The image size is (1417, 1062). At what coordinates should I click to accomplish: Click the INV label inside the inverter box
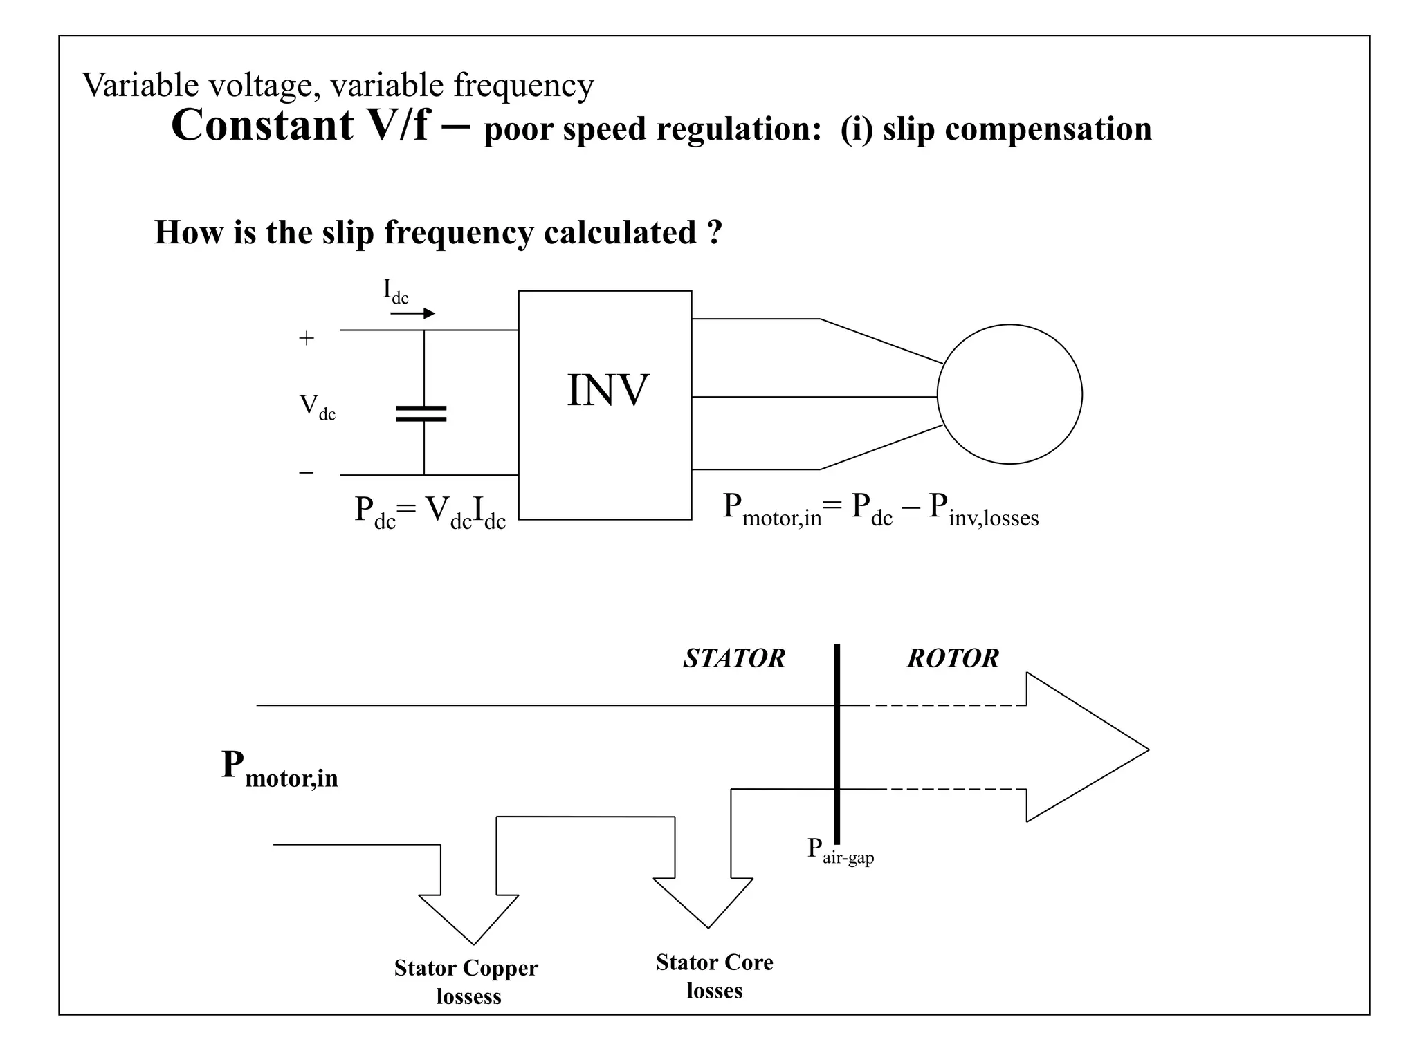tap(607, 391)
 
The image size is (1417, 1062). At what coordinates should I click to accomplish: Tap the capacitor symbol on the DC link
tap(421, 413)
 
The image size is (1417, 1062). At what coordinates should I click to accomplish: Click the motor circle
tap(1009, 394)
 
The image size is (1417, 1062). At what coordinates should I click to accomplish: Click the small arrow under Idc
tap(413, 313)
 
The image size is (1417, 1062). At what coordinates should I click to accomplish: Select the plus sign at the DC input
tap(306, 338)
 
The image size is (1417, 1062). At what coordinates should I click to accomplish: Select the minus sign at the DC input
tap(306, 473)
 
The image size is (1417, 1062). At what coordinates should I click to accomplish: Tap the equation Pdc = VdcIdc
tap(430, 512)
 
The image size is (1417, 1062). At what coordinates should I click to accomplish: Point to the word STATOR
tap(734, 658)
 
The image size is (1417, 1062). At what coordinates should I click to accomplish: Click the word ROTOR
tap(953, 658)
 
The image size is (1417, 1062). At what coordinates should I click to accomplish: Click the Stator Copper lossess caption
tap(466, 981)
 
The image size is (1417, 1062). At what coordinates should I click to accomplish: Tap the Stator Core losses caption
tap(714, 976)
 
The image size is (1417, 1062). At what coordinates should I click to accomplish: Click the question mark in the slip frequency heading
tap(715, 232)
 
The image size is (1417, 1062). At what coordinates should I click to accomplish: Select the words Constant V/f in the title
tap(300, 125)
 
